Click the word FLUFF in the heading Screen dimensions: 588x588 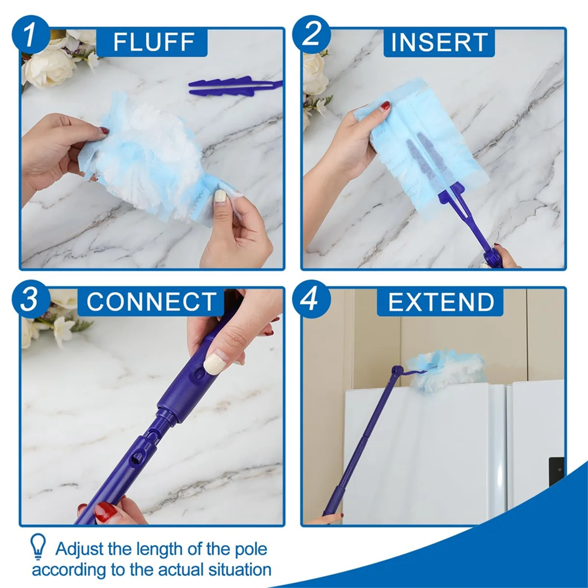coord(154,42)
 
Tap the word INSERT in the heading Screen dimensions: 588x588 coord(439,42)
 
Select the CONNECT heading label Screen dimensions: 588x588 coord(151,301)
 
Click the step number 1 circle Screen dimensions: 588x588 coord(30,35)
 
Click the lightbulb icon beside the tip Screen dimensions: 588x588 coord(38,547)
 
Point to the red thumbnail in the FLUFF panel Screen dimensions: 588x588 coord(104,130)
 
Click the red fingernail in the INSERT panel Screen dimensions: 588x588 coord(386,105)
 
